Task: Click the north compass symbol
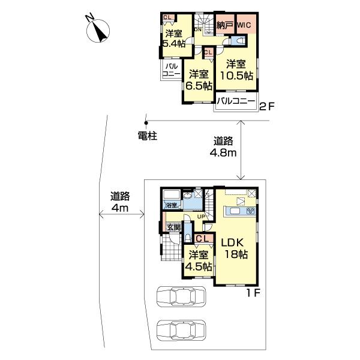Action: [98, 30]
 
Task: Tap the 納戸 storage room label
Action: [226, 25]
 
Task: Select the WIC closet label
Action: [246, 25]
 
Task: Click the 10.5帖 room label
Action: [236, 70]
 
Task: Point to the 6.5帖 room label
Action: [199, 80]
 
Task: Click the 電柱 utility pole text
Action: [146, 136]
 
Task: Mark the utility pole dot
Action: [145, 122]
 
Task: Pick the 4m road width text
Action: [120, 202]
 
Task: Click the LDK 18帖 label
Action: [235, 248]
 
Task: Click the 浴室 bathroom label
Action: [171, 205]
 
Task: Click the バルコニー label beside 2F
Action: [236, 101]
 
